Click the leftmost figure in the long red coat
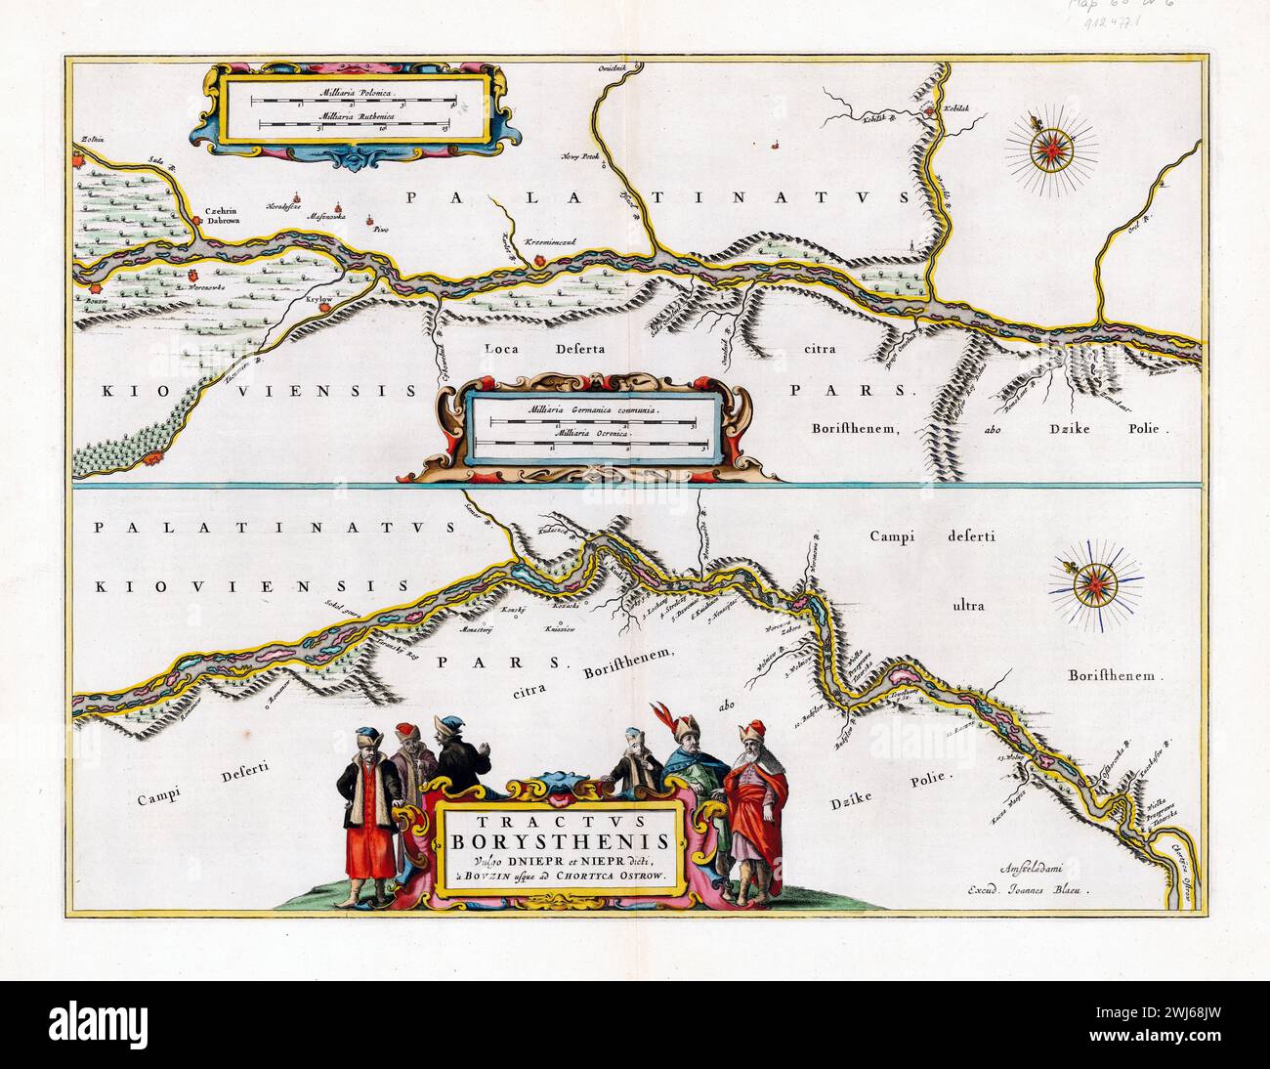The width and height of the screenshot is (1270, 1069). [x=367, y=801]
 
